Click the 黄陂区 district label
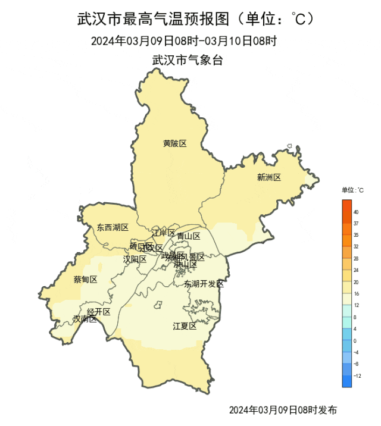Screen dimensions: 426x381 pyautogui.click(x=175, y=143)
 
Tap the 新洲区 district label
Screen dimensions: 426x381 pyautogui.click(x=268, y=177)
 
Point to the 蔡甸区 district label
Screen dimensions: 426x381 pyautogui.click(x=85, y=279)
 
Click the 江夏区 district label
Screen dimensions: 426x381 pyautogui.click(x=185, y=325)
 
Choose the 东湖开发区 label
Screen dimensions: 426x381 pyautogui.click(x=204, y=284)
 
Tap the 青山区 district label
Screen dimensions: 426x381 pyautogui.click(x=189, y=236)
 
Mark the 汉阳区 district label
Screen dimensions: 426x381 pyautogui.click(x=135, y=259)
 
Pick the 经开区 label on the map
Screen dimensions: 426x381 pyautogui.click(x=99, y=312)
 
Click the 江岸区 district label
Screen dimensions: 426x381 pyautogui.click(x=163, y=233)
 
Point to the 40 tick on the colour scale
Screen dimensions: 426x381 pyautogui.click(x=356, y=212)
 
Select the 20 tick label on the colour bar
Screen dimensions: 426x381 pyautogui.click(x=356, y=282)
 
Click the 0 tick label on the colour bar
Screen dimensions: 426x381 pyautogui.click(x=355, y=340)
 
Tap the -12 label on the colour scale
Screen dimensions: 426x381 pyautogui.click(x=357, y=375)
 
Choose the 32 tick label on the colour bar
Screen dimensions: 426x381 pyautogui.click(x=356, y=247)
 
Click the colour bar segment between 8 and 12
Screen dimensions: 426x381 pyautogui.click(x=347, y=311)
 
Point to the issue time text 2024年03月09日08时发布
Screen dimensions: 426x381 pyautogui.click(x=283, y=410)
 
